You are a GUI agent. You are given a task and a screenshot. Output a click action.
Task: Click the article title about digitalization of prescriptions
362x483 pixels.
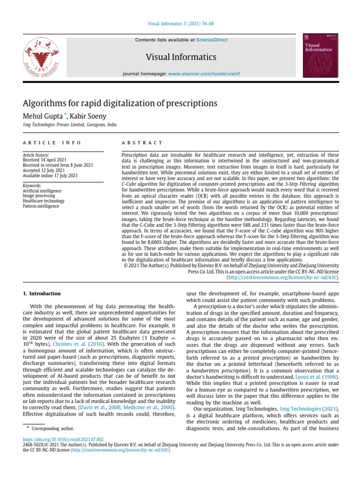(120, 103)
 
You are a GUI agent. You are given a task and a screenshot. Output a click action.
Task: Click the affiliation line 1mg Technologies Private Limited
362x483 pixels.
(69, 125)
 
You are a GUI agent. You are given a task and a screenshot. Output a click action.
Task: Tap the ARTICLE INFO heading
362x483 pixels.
(52, 142)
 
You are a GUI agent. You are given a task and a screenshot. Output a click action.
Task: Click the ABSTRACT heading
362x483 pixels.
(142, 142)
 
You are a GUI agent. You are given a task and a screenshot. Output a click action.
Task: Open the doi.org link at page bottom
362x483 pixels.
(63, 438)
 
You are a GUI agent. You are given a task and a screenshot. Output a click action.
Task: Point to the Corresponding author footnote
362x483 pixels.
(56, 428)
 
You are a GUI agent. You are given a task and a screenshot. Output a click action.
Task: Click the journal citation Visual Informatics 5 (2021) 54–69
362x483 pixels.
(181, 24)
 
